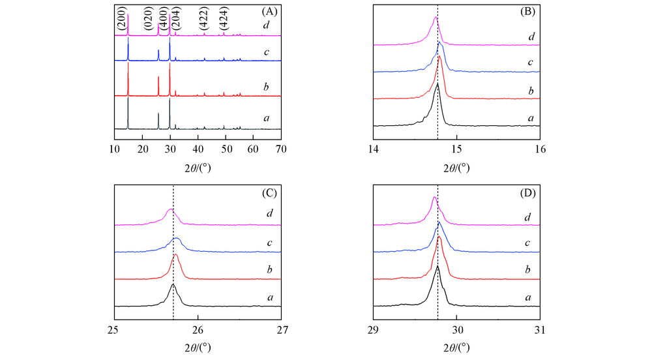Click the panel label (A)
[269, 11]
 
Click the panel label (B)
[528, 11]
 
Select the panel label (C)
[269, 193]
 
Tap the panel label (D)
[528, 193]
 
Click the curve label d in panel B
[532, 37]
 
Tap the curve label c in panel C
[269, 243]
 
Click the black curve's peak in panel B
[437, 83]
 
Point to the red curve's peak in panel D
[439, 237]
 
